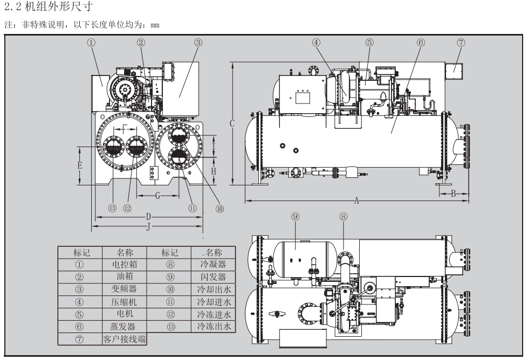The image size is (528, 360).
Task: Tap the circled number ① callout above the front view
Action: (95, 41)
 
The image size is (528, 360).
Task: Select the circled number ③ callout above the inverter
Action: (198, 41)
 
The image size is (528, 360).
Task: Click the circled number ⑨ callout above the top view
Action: (295, 216)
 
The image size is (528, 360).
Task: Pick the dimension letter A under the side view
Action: (357, 200)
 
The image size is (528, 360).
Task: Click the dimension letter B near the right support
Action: (453, 192)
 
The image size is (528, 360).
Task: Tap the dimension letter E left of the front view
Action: (80, 165)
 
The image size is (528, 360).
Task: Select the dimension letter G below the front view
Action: (157, 195)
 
